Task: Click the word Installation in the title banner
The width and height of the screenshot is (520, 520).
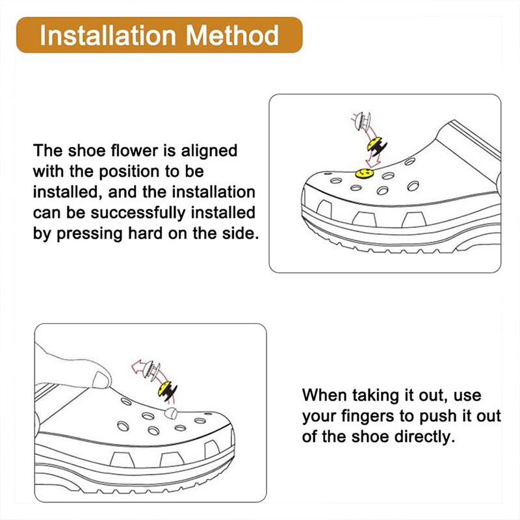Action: coord(107,35)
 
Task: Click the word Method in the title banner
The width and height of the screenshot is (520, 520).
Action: coord(232,35)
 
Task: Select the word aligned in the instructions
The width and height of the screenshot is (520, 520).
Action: coord(209,151)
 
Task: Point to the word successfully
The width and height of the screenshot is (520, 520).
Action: coord(138,213)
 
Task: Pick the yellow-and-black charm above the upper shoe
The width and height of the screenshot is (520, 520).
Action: coord(377,146)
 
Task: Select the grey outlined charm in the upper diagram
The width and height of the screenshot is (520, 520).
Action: coord(362,122)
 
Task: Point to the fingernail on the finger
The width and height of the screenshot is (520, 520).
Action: coord(101,380)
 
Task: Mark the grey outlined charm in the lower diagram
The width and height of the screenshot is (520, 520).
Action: coord(151,370)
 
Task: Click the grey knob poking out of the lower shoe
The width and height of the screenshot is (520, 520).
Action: coord(171,413)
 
